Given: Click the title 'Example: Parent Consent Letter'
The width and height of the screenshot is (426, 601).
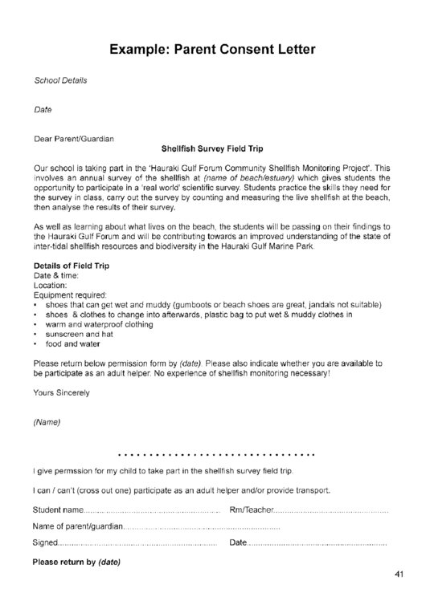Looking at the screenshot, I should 212,50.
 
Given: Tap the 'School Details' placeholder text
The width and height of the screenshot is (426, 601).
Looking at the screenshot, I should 60,80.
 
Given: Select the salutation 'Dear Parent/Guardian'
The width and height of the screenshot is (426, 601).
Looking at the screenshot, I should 73,138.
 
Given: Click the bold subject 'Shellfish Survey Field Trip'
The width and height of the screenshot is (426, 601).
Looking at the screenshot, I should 212,148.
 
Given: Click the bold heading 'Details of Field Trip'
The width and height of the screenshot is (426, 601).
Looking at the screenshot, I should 72,265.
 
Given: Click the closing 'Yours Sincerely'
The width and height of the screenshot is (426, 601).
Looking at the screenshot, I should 61,392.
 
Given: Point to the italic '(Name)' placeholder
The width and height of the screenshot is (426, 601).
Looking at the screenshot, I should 47,421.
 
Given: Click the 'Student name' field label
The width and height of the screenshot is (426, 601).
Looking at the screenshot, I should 58,510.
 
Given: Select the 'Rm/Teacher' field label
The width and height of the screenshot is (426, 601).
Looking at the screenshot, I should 250,510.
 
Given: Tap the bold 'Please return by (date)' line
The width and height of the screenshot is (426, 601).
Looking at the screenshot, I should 76,562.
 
